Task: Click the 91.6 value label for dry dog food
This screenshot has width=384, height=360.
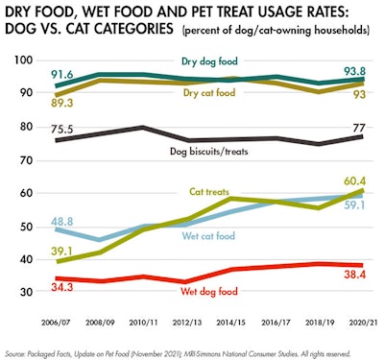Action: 62,74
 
